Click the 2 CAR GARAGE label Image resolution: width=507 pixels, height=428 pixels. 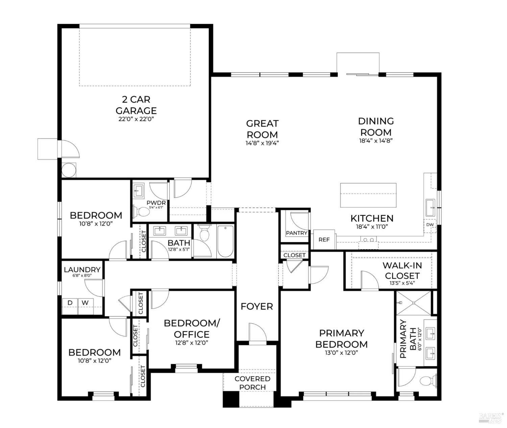pos(136,105)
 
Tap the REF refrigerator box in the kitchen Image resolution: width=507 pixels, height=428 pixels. pos(324,239)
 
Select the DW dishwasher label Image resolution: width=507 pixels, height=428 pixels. pos(430,225)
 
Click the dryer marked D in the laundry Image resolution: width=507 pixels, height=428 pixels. pos(70,306)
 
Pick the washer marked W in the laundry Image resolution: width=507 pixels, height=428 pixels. pos(85,306)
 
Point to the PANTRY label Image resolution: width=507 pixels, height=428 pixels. pos(296,233)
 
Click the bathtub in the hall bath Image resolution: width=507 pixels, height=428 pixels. pos(225,241)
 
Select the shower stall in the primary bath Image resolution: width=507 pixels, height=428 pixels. pos(414,303)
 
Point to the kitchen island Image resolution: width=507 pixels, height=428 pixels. pos(368,195)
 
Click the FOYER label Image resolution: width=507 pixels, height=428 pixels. pos(257,306)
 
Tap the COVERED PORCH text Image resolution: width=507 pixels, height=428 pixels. pos(252,383)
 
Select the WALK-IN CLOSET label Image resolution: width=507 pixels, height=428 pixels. pos(402,270)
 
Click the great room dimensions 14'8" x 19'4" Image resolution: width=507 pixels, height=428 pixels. pos(262,143)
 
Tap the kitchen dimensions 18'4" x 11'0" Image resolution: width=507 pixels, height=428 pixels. pos(372,227)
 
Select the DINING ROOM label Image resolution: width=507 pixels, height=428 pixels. pos(376,126)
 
